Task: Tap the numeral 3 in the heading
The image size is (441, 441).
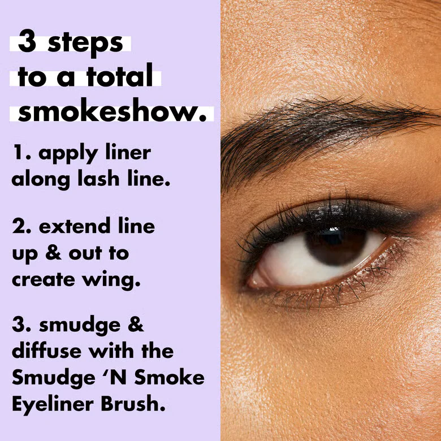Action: click(27, 43)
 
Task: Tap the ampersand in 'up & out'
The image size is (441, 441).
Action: click(54, 254)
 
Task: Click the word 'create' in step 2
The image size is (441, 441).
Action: click(45, 279)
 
